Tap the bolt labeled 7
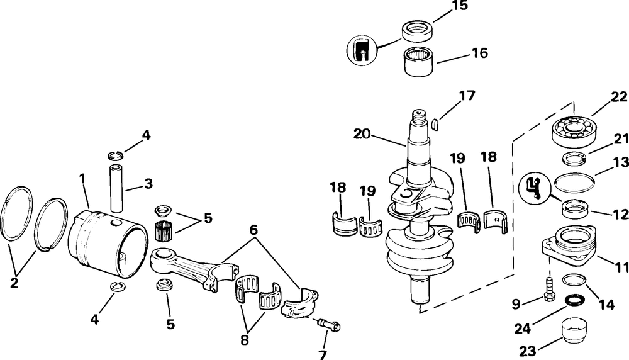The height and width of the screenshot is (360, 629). [x=329, y=325]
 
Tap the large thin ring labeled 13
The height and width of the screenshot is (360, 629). [x=574, y=184]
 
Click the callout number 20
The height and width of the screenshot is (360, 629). [x=364, y=133]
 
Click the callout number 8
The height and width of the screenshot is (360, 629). [x=245, y=341]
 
